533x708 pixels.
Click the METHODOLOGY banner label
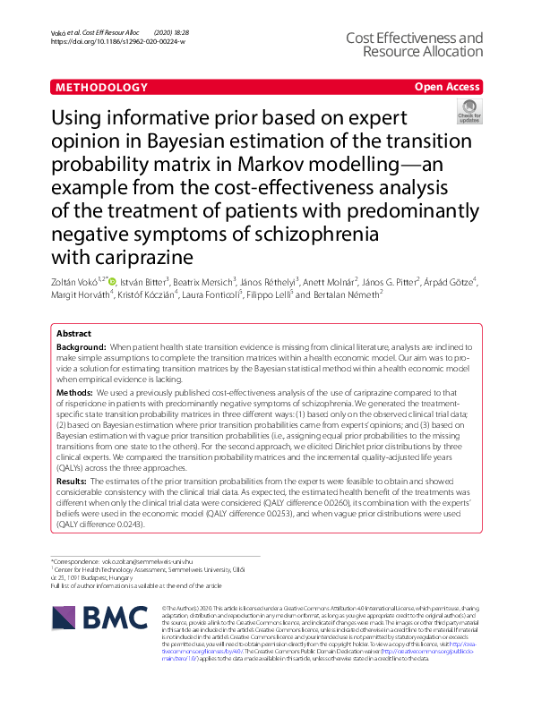pos(100,88)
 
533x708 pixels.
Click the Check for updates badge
pos(469,111)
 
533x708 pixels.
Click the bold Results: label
pos(73,482)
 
